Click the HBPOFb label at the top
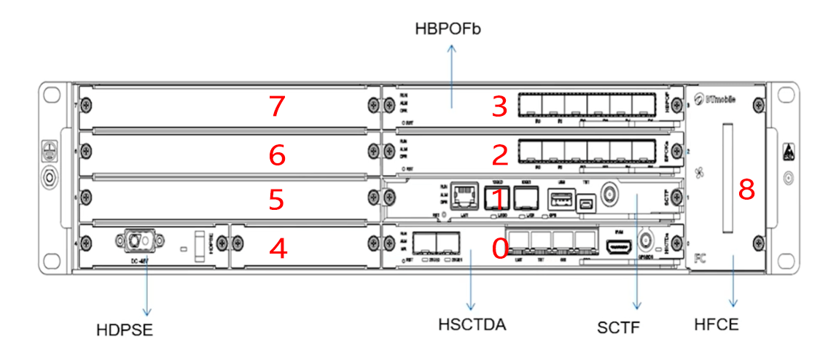pyautogui.click(x=448, y=29)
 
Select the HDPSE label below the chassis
pyautogui.click(x=125, y=330)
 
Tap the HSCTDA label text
pyautogui.click(x=472, y=324)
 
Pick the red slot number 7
pyautogui.click(x=276, y=107)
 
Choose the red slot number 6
pyautogui.click(x=276, y=154)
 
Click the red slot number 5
pyautogui.click(x=276, y=200)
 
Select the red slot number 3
pyautogui.click(x=499, y=107)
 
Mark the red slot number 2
pyautogui.click(x=499, y=154)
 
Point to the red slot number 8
pyautogui.click(x=746, y=189)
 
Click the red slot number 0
pyautogui.click(x=499, y=249)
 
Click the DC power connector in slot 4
pyautogui.click(x=136, y=240)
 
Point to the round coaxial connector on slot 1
pyautogui.click(x=606, y=195)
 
